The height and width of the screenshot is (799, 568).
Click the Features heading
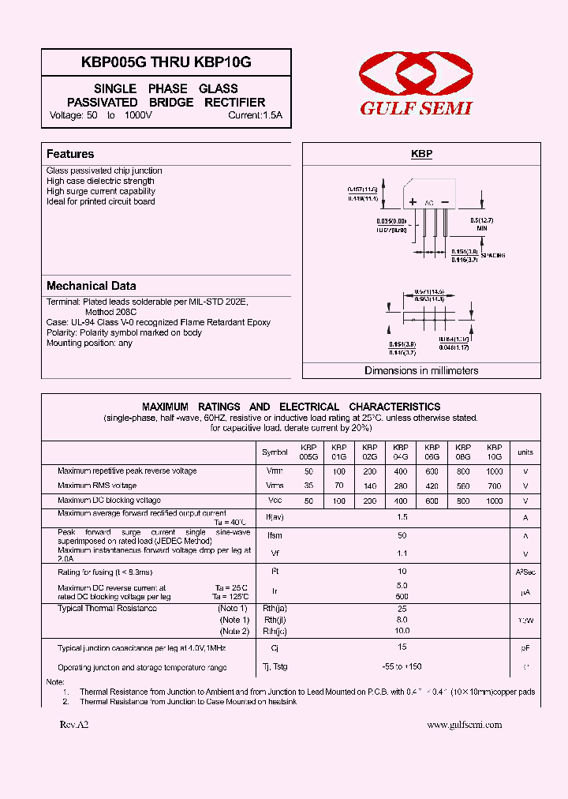[x=70, y=154]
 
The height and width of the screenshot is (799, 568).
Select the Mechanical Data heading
[x=91, y=286]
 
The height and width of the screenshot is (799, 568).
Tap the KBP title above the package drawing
[x=421, y=155]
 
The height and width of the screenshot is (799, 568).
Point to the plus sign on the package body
[x=412, y=202]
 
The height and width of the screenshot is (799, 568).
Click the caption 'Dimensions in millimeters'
[x=421, y=370]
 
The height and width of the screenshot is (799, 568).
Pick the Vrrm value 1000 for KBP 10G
[x=494, y=471]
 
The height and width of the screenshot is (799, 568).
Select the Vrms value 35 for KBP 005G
[x=308, y=486]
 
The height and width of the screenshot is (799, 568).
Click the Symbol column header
[x=275, y=452]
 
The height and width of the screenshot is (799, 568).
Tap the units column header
[x=525, y=452]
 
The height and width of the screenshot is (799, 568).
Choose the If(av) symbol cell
[x=275, y=517]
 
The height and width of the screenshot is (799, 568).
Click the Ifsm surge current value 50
[x=402, y=535]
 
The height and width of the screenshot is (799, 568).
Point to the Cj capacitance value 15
[x=402, y=647]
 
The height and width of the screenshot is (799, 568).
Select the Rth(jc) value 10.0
[x=402, y=631]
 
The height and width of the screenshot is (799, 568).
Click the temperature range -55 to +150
[x=402, y=667]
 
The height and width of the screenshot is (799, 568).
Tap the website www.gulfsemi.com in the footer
[x=464, y=724]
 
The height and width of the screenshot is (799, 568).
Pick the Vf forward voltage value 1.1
[x=402, y=553]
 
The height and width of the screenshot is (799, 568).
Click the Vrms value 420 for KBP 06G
[x=432, y=486]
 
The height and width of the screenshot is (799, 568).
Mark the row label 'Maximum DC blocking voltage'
[x=109, y=500]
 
